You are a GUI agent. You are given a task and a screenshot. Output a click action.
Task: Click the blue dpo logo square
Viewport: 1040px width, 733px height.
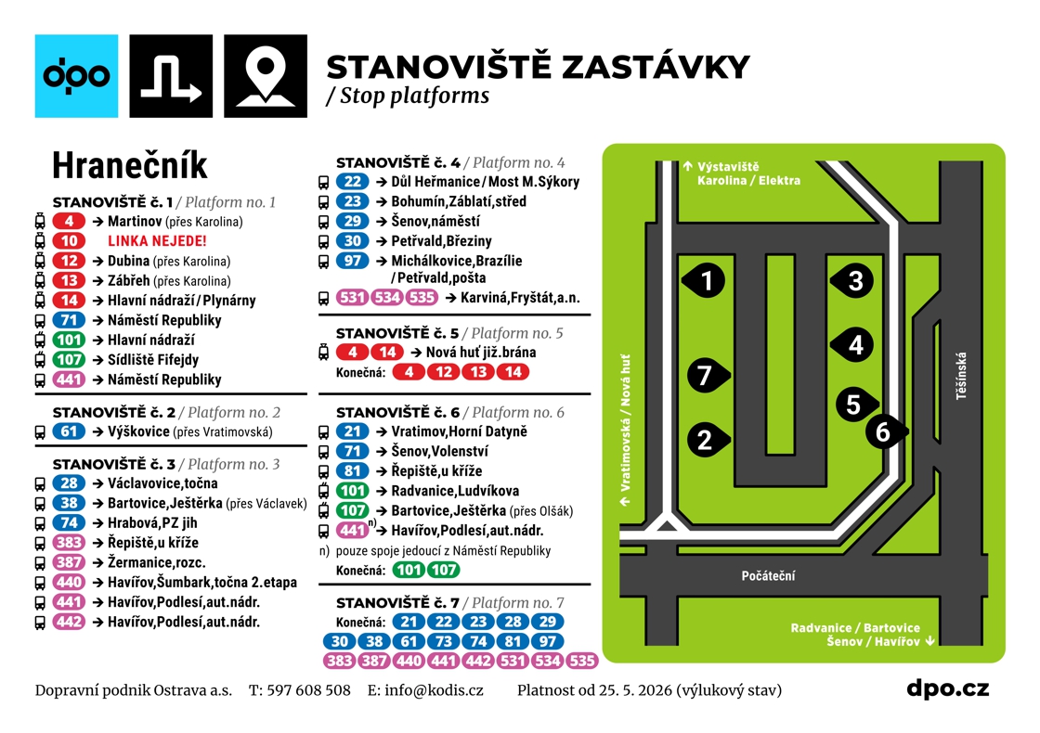[x=76, y=76]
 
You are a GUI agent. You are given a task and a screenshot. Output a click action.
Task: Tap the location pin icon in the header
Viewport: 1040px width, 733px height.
[x=266, y=76]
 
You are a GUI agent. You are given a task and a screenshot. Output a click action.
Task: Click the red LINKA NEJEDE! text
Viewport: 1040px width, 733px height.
[x=157, y=241]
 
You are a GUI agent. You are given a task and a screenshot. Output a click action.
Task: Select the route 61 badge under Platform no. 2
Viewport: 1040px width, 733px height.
[x=69, y=432]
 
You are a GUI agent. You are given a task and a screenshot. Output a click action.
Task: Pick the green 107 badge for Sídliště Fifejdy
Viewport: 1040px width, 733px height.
[x=69, y=360]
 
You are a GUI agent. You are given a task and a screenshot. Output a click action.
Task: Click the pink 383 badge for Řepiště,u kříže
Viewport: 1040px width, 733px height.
[x=69, y=543]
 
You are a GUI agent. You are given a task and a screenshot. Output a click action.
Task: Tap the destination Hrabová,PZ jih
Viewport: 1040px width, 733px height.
[x=152, y=523]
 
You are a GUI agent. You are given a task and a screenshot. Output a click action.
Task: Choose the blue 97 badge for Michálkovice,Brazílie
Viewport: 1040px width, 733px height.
[x=352, y=261]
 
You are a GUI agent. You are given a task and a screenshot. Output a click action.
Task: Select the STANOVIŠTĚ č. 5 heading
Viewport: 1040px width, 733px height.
[x=397, y=333]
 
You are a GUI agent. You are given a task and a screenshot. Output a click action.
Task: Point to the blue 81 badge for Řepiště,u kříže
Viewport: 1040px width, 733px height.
[x=352, y=471]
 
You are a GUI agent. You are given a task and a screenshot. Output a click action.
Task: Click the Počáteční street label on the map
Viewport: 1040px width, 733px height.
[x=768, y=576]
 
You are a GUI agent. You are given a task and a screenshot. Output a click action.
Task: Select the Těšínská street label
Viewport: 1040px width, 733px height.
[x=961, y=376]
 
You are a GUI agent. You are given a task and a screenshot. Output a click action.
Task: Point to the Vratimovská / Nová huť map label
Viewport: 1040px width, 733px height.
[x=625, y=431]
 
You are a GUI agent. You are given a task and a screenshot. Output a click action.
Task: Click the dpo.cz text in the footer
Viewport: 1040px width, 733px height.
[x=948, y=689]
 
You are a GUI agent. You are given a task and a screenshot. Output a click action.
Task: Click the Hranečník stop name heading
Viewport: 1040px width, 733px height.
[x=130, y=165]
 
